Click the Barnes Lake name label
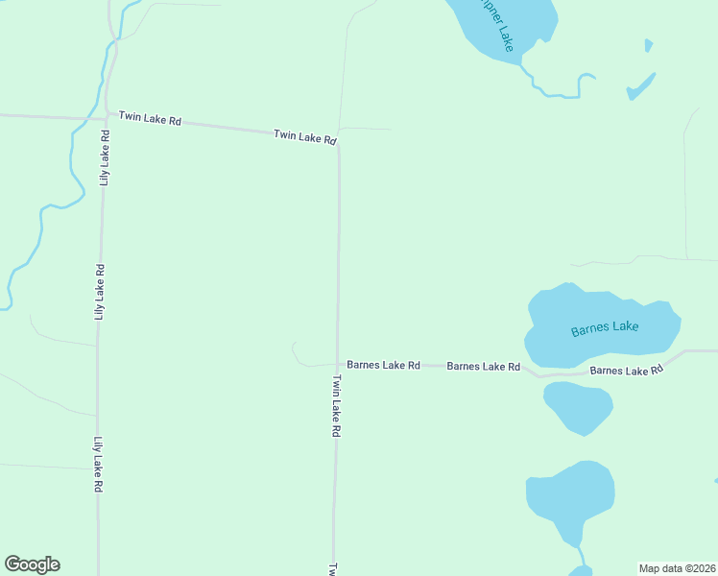tap(604, 328)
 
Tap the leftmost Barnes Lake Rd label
tap(383, 365)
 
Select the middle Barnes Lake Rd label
tap(483, 366)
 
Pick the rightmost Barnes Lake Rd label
tap(627, 370)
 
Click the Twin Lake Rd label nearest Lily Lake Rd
tap(150, 119)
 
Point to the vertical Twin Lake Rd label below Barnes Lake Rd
tap(336, 406)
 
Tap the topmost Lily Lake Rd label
tap(105, 156)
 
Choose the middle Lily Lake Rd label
tap(99, 292)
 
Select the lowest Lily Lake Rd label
tap(98, 465)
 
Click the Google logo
tap(32, 564)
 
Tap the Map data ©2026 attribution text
tap(677, 567)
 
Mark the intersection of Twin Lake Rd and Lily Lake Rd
tap(105, 117)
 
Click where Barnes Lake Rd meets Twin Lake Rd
tap(337, 365)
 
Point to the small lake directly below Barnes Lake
tap(578, 407)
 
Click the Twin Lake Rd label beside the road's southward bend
tap(305, 136)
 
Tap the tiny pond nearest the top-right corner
tap(649, 45)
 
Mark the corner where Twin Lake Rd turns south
tap(338, 144)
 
